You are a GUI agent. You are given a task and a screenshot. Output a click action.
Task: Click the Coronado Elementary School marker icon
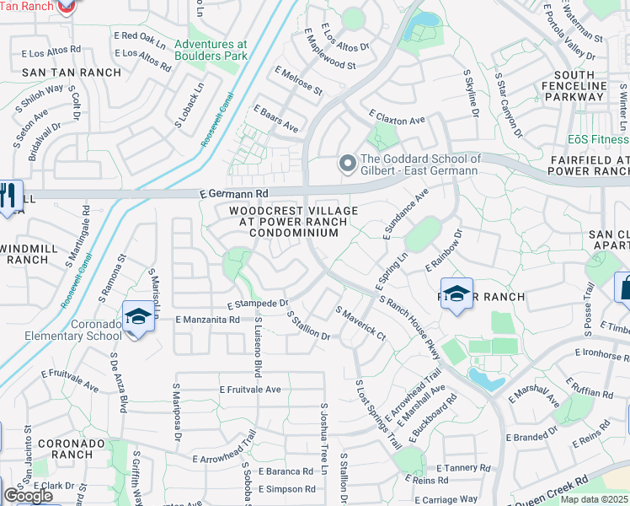[137, 317]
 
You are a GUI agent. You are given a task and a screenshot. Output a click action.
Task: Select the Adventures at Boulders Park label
[211, 50]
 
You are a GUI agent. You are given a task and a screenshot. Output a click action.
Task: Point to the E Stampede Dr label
[258, 304]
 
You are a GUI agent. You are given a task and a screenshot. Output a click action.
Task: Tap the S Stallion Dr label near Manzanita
[308, 326]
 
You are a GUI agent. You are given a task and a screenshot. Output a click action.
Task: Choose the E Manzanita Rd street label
[207, 320]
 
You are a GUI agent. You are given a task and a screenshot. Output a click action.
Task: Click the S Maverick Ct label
[360, 324]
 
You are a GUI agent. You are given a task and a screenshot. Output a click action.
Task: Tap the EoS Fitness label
[598, 139]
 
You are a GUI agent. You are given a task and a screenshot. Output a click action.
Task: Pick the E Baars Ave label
[275, 119]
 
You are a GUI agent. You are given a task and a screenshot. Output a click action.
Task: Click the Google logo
[28, 496]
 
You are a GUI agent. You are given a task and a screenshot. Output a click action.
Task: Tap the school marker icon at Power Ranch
[456, 294]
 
